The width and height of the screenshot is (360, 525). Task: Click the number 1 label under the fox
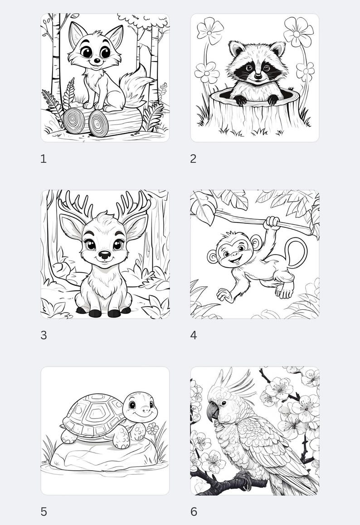[44, 159]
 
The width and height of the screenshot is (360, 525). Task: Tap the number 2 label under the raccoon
[193, 159]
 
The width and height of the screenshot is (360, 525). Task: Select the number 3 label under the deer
[44, 335]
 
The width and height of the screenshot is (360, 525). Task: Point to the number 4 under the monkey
[194, 335]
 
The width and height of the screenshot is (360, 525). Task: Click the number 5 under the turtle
[44, 512]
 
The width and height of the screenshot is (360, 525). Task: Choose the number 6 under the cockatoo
[194, 512]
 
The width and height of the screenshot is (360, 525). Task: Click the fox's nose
[97, 60]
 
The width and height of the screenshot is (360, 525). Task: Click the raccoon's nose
[258, 76]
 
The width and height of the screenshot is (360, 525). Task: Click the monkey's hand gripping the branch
[272, 222]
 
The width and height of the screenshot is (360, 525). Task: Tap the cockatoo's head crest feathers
[236, 383]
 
